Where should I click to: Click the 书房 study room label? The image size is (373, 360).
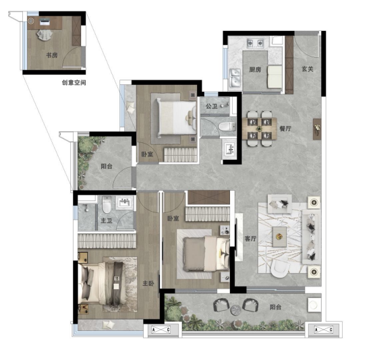coord(52,55)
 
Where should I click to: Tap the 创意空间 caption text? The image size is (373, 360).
coord(74,82)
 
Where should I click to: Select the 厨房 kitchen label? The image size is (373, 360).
coord(255,69)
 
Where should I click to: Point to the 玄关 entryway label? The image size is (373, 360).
coord(308,69)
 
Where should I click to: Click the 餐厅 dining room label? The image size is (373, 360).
coord(285,129)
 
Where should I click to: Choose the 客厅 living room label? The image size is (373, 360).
coord(250,238)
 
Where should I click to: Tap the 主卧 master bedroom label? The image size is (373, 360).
coord(148,283)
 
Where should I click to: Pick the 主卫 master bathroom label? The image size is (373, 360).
coord(107,220)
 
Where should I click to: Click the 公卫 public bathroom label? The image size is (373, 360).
coord(212,106)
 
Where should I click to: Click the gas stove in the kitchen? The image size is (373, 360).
coord(256,43)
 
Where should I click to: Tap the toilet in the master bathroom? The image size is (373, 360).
coord(107,204)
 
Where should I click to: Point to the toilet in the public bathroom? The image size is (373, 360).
coord(227,127)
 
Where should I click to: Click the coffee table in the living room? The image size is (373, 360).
coord(279,237)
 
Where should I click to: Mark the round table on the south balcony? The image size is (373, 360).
coord(236,310)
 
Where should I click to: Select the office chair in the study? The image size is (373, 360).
coord(45,35)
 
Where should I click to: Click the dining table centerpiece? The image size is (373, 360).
coord(259,129)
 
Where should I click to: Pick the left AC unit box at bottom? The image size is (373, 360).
coord(161,330)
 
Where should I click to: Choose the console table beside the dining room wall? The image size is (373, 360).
coord(317,129)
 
